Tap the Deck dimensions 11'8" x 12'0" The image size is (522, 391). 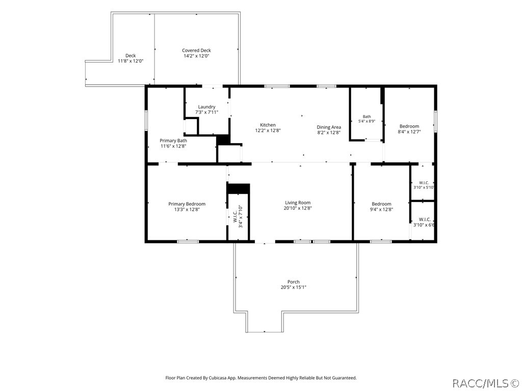point(130,61)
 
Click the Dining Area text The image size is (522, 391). point(329,127)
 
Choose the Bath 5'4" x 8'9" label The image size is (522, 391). point(367,119)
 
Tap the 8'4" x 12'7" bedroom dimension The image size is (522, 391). point(409,132)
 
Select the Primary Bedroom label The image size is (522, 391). point(187,204)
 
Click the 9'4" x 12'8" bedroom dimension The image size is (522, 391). point(381,209)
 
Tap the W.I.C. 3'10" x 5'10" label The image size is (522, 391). point(424,185)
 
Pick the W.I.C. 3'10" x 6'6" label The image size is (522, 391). point(424,222)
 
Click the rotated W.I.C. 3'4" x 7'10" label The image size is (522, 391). point(238,216)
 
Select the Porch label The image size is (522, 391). point(293,282)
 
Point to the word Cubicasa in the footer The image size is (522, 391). point(218,378)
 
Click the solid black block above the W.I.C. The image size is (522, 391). point(239,188)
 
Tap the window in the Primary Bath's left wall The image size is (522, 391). point(146,120)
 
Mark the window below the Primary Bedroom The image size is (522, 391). point(188,241)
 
